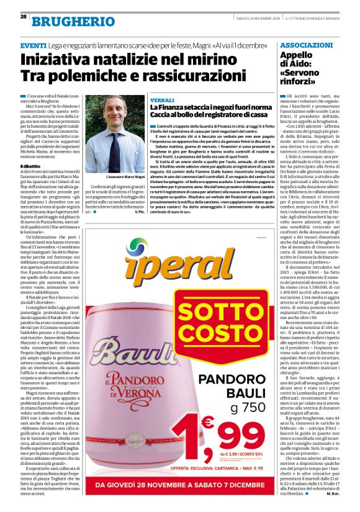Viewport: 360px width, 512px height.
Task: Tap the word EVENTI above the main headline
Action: point(33,46)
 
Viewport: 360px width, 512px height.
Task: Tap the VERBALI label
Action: point(162,100)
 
